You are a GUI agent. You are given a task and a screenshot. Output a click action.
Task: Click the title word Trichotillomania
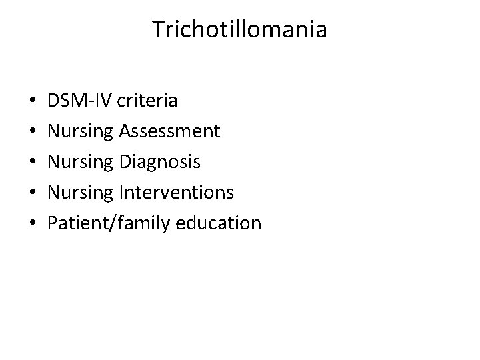(240, 30)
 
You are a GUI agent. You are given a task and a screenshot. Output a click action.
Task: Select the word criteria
(147, 101)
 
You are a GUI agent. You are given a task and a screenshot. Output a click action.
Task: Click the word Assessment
(169, 131)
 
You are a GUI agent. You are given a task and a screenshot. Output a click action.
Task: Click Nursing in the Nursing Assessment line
(81, 131)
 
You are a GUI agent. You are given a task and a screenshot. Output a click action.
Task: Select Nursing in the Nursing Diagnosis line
(81, 162)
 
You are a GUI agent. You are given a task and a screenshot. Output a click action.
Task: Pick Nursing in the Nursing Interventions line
(81, 193)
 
